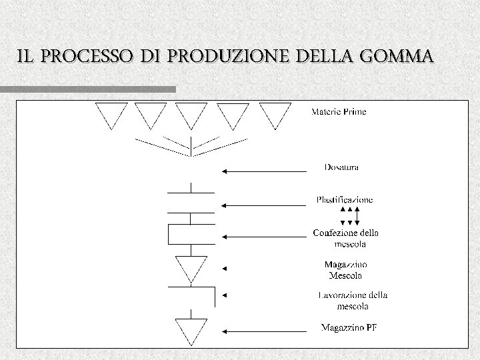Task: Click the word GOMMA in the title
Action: click(398, 57)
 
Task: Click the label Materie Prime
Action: click(339, 112)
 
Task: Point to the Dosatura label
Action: click(342, 167)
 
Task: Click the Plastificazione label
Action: click(345, 199)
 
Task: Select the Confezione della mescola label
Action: click(345, 238)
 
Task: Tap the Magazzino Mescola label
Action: click(345, 269)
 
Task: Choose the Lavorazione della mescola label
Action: click(353, 300)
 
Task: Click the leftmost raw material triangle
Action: click(111, 113)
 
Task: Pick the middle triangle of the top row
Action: click(192, 113)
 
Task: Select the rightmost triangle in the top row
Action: click(275, 113)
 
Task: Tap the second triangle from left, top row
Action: click(151, 113)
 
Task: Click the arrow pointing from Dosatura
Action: click(263, 171)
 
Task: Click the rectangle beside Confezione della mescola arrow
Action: click(191, 235)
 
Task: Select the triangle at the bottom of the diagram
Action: click(191, 329)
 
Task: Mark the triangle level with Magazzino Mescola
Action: click(191, 267)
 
